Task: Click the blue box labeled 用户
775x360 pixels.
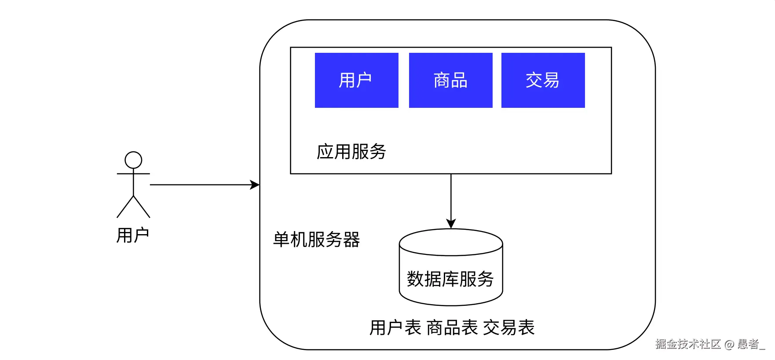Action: click(x=356, y=80)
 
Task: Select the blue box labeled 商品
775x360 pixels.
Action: click(x=450, y=80)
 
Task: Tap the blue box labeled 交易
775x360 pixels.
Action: click(x=543, y=80)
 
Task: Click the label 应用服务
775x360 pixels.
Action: click(x=351, y=152)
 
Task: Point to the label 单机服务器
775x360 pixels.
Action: click(x=316, y=240)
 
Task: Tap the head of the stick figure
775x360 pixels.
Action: click(x=133, y=160)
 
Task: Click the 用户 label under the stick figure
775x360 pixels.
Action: click(x=132, y=235)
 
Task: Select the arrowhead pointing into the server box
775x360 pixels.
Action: click(x=255, y=185)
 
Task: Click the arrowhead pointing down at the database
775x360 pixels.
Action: click(x=451, y=224)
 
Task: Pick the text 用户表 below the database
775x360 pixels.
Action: click(x=395, y=328)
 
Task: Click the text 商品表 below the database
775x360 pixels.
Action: click(x=452, y=328)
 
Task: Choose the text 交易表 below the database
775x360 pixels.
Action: click(x=508, y=328)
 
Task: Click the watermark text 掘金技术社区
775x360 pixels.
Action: click(x=687, y=344)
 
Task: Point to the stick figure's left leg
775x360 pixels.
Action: click(x=125, y=207)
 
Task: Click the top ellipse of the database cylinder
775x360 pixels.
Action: click(x=451, y=242)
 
